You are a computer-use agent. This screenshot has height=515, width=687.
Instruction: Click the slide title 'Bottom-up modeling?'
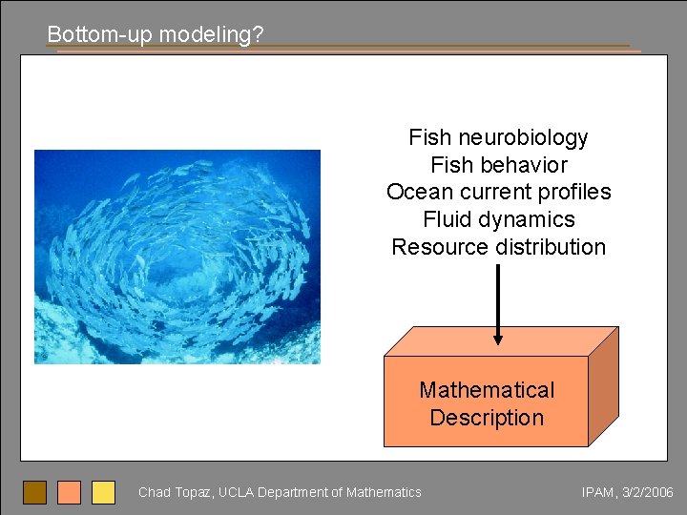[x=156, y=34]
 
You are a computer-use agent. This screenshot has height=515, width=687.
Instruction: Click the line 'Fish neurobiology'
[x=498, y=137]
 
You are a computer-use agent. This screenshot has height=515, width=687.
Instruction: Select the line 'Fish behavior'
[x=498, y=165]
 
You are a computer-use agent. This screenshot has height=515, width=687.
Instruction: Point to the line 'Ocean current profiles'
[x=498, y=192]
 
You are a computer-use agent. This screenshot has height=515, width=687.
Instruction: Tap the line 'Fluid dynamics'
[x=498, y=219]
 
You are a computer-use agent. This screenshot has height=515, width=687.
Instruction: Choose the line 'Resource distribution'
[x=498, y=247]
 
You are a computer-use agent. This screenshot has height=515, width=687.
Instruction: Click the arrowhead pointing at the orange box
[x=497, y=337]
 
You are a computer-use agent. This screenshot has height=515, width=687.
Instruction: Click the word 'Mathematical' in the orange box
[x=487, y=390]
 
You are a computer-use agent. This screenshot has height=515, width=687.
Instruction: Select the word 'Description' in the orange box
[x=487, y=418]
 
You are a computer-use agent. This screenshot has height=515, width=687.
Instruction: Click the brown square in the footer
[x=34, y=492]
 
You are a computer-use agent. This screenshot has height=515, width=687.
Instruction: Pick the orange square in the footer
[x=69, y=492]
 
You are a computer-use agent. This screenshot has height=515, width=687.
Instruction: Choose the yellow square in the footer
[x=103, y=492]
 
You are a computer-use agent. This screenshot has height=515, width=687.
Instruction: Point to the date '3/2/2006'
[x=648, y=492]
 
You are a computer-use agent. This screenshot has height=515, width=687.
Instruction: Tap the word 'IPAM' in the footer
[x=598, y=492]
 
